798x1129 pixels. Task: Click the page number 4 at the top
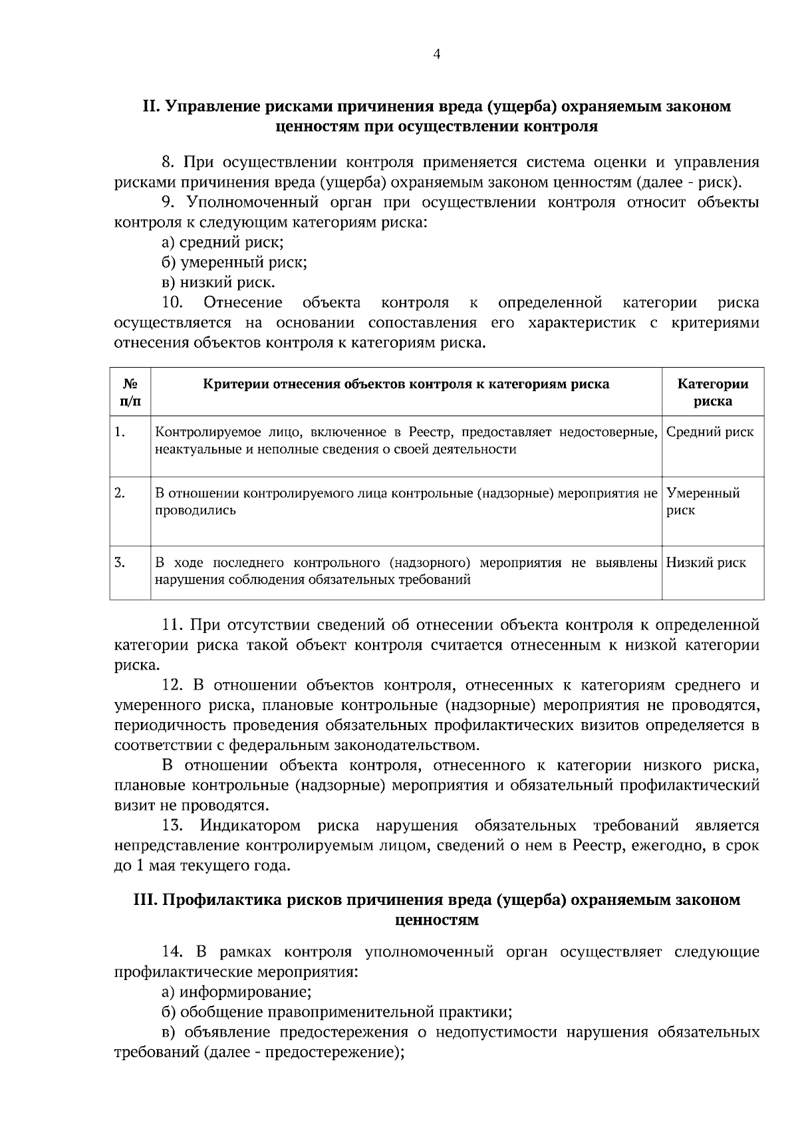pyautogui.click(x=436, y=55)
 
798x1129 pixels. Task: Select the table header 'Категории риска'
pyautogui.click(x=712, y=392)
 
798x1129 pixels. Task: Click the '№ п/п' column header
pyautogui.click(x=130, y=392)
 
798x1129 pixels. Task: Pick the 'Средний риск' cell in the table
pyautogui.click(x=710, y=432)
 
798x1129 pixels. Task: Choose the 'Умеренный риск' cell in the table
pyautogui.click(x=702, y=501)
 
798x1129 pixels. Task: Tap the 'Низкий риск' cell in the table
pyautogui.click(x=706, y=563)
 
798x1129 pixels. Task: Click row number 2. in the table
pyautogui.click(x=120, y=493)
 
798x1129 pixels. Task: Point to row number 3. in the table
pyautogui.click(x=120, y=563)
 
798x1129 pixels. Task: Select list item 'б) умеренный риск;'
pyautogui.click(x=234, y=262)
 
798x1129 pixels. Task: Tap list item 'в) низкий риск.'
pyautogui.click(x=218, y=283)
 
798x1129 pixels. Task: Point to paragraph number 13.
pyautogui.click(x=172, y=826)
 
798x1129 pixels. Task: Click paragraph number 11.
pyautogui.click(x=172, y=625)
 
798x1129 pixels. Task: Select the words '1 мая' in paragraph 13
pyautogui.click(x=155, y=866)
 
